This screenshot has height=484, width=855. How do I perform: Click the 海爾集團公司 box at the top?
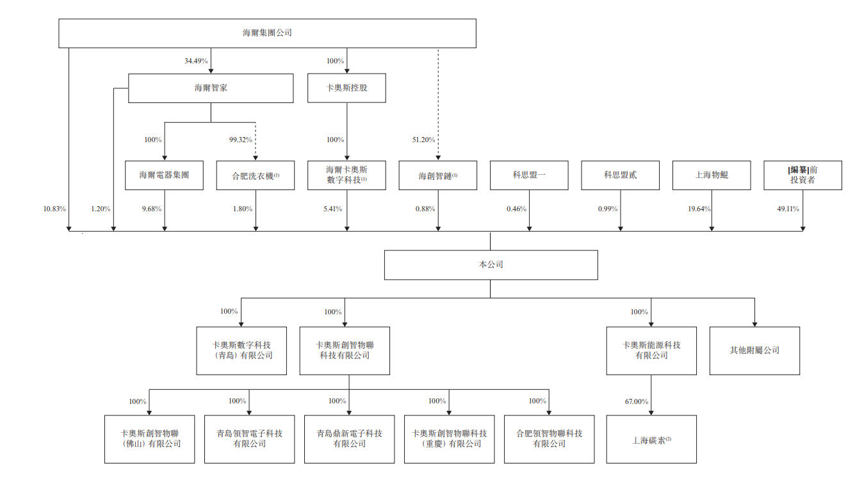(267, 33)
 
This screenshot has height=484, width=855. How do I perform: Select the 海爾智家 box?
(211, 88)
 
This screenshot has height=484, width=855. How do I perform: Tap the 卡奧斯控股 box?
(346, 88)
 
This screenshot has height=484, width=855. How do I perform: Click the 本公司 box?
(491, 265)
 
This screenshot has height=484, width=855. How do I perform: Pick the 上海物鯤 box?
(712, 175)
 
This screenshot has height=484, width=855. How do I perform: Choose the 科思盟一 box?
(529, 175)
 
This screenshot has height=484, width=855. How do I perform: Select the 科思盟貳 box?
(620, 175)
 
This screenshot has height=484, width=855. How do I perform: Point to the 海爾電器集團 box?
(164, 175)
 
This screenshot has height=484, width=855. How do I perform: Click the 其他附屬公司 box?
(754, 351)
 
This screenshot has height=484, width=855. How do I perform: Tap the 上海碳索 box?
(651, 440)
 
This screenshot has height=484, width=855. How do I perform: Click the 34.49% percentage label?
(196, 61)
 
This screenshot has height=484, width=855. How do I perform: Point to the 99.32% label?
(241, 140)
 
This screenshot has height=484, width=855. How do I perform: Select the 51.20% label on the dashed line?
(424, 140)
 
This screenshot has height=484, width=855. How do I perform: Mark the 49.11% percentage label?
(788, 209)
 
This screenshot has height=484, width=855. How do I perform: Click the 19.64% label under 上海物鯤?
(697, 209)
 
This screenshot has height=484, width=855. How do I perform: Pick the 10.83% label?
(54, 209)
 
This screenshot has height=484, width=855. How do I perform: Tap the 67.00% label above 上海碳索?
(637, 401)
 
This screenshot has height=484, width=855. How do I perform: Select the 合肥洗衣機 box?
(256, 175)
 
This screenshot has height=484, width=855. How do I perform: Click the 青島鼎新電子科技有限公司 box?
(349, 439)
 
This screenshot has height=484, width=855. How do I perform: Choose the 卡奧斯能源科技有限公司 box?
(651, 351)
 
